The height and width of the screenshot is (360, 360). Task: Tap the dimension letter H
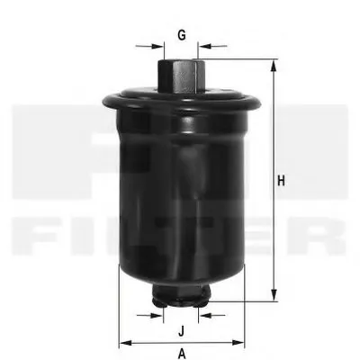[x=282, y=181]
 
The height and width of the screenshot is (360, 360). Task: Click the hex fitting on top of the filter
[x=181, y=74]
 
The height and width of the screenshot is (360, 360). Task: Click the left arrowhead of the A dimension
[x=123, y=343]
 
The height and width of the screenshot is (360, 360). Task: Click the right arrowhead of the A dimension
[x=238, y=343]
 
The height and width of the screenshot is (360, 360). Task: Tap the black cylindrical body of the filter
[x=181, y=189]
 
